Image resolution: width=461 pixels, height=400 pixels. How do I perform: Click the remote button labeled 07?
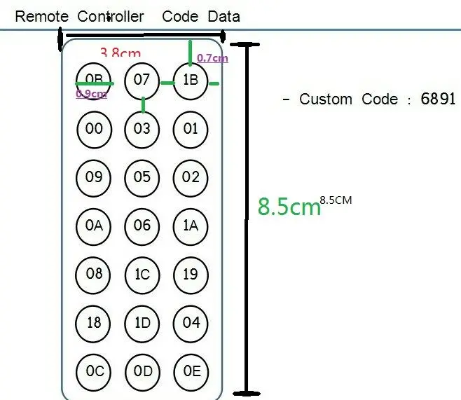pyautogui.click(x=142, y=80)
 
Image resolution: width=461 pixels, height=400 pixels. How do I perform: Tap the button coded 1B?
pyautogui.click(x=191, y=81)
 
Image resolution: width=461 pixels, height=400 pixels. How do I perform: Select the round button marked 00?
pyautogui.click(x=94, y=129)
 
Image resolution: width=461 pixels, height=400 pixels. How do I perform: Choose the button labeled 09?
pyautogui.click(x=94, y=177)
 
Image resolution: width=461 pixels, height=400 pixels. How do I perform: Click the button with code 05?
pyautogui.click(x=142, y=177)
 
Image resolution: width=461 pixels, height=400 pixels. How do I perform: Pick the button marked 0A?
pyautogui.click(x=94, y=226)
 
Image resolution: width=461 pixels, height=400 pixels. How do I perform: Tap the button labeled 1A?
pyautogui.click(x=191, y=226)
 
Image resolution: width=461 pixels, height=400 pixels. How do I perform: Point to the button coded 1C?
pyautogui.click(x=142, y=274)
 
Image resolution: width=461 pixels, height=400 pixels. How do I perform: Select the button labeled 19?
pyautogui.click(x=191, y=274)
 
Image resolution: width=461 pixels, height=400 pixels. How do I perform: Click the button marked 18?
pyautogui.click(x=94, y=322)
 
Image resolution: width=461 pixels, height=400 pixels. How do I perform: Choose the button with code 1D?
pyautogui.click(x=142, y=322)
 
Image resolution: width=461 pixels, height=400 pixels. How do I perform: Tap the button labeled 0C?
pyautogui.click(x=94, y=371)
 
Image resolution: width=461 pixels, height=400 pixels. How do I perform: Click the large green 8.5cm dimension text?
pyautogui.click(x=289, y=207)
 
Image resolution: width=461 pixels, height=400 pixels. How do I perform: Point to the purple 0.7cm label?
pyautogui.click(x=212, y=59)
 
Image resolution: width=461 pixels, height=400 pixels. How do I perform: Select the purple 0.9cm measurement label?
pyautogui.click(x=91, y=94)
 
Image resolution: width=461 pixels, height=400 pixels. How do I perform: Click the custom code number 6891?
pyautogui.click(x=438, y=99)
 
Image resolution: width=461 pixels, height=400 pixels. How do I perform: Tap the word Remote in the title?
pyautogui.click(x=42, y=16)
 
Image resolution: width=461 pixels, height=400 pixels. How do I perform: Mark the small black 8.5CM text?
pyautogui.click(x=336, y=200)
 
